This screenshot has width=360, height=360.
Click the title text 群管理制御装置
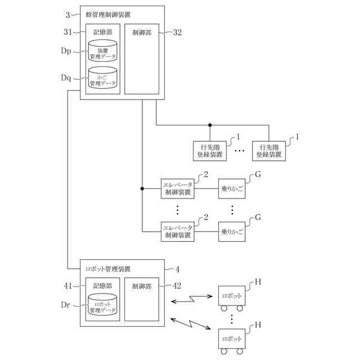coord(111,13)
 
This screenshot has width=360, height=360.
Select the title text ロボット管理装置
coord(107,268)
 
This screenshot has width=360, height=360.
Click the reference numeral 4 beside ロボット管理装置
coord(177,269)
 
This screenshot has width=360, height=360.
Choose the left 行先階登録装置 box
coord(209,150)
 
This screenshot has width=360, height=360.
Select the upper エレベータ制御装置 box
coord(178,188)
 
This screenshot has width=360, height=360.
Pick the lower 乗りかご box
coord(232,231)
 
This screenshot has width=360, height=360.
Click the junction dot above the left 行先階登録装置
coord(209,125)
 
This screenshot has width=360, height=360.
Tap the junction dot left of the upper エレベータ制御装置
coord(143,188)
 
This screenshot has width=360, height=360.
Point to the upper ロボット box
coord(232,295)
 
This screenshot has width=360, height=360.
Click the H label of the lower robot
coord(258,325)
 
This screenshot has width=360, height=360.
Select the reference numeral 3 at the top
coord(68,13)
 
